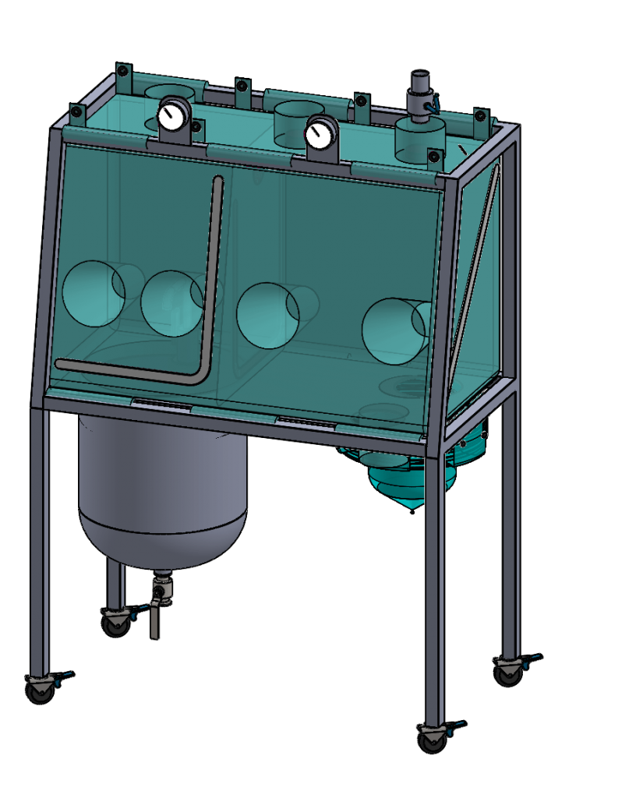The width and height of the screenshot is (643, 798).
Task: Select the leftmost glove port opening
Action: [x=93, y=293]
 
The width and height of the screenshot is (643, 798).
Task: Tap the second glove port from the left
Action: [x=171, y=304]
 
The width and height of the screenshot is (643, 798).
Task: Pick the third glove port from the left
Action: [x=267, y=316]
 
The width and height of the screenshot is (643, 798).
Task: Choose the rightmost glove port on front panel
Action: [x=394, y=331]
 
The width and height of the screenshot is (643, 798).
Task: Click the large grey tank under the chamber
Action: [x=163, y=490]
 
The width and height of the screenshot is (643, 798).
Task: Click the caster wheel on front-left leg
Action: [x=41, y=689]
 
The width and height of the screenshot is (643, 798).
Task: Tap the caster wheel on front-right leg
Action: [x=433, y=738]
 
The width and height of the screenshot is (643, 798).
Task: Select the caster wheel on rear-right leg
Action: [x=508, y=672]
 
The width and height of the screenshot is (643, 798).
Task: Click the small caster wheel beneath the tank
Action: [x=116, y=623]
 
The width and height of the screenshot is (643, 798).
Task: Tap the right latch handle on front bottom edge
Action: [x=307, y=422]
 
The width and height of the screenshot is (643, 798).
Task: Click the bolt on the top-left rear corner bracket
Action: [x=122, y=72]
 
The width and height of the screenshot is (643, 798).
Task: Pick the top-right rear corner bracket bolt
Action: [x=480, y=116]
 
